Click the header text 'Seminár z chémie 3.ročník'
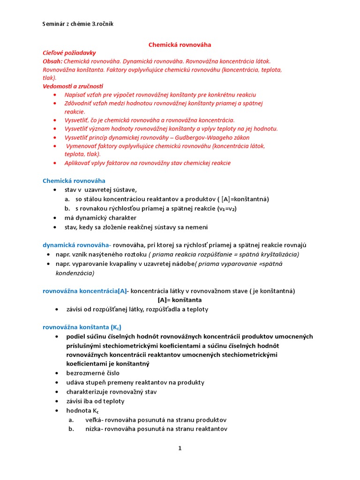pos(77,24)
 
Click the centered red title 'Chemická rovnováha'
pos(180,45)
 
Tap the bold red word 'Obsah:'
pos(52,61)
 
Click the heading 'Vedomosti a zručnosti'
pos(73,86)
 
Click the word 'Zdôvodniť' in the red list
pos(80,103)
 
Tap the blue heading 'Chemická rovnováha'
pos(74,180)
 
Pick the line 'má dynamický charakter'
pos(101,217)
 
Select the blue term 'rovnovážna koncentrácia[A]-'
pos(85,291)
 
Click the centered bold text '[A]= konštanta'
pos(180,300)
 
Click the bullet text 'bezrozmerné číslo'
pos(93,373)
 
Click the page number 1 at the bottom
pos(180,448)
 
